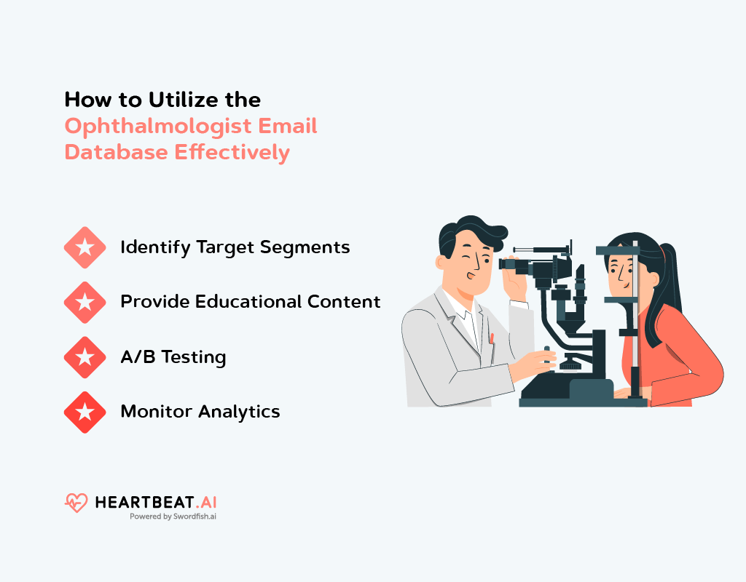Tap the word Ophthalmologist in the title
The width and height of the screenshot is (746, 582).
158,127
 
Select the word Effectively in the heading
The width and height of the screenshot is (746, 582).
232,153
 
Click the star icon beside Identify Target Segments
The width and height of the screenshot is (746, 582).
85,247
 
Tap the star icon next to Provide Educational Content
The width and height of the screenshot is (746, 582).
85,302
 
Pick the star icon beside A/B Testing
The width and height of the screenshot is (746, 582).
85,357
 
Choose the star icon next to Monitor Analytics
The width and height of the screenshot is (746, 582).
85,412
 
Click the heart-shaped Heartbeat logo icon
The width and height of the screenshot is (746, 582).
76,503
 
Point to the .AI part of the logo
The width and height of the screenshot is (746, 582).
205,502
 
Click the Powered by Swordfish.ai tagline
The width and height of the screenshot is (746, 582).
173,517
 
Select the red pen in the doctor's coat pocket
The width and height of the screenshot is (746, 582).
492,338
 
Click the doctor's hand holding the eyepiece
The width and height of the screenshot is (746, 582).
515,281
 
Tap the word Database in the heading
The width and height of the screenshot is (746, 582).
117,153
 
